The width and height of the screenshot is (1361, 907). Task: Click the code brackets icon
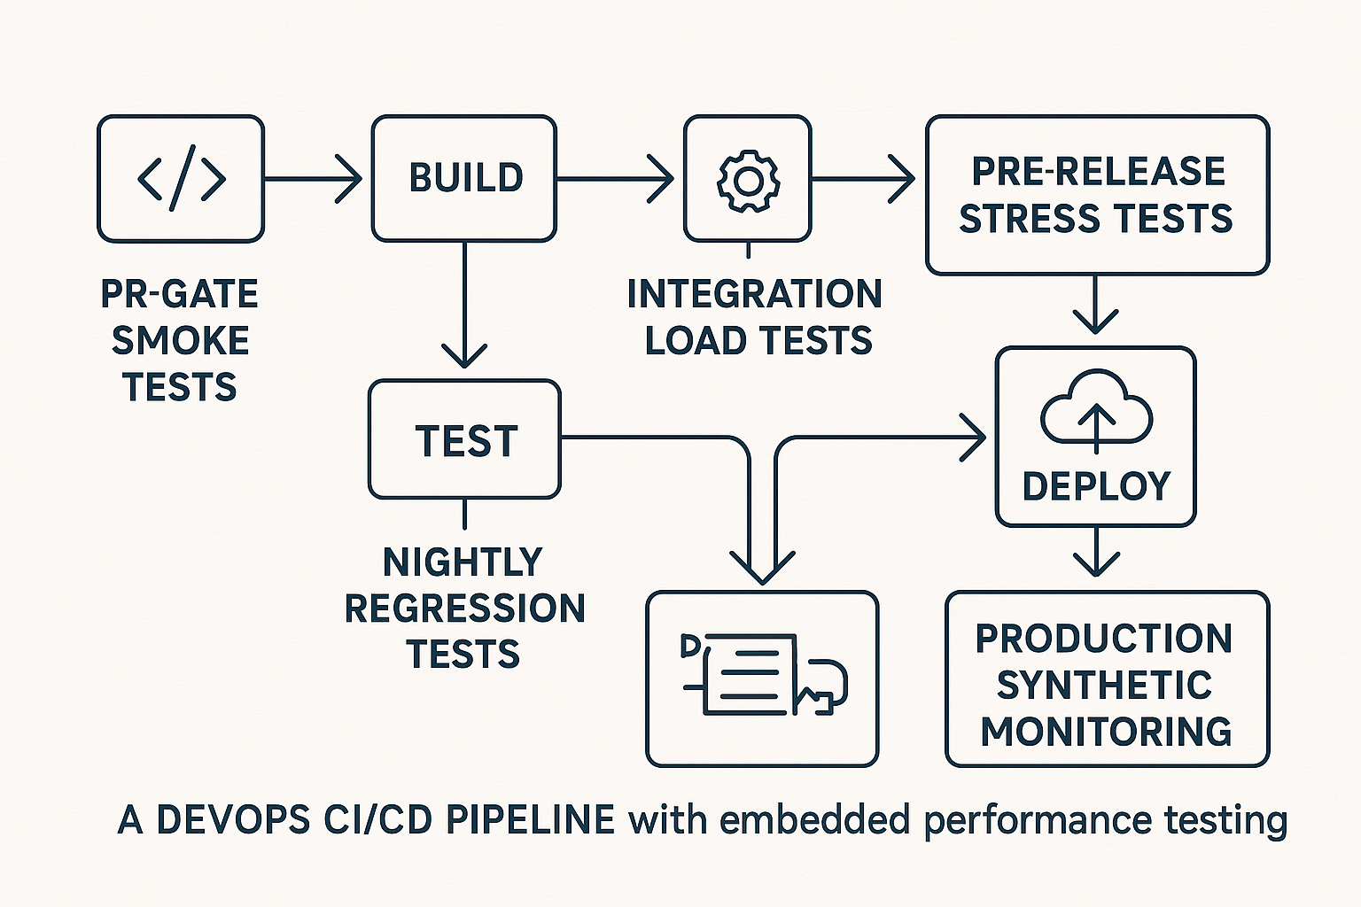click(x=181, y=179)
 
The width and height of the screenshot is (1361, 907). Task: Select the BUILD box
click(x=464, y=178)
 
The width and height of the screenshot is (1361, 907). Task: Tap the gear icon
click(x=748, y=180)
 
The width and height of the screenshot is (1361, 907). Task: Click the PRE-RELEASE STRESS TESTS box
click(x=1097, y=195)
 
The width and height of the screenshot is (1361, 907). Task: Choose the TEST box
click(x=464, y=440)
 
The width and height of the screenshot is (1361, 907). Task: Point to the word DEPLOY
click(x=1096, y=486)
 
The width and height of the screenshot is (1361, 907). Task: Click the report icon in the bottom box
click(x=762, y=675)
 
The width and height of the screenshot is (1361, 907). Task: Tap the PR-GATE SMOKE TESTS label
click(x=180, y=341)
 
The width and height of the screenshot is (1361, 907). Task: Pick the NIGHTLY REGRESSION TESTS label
click(x=464, y=609)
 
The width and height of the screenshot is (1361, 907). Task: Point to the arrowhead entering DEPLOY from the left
click(x=975, y=437)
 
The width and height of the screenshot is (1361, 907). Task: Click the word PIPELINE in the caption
click(x=530, y=820)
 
